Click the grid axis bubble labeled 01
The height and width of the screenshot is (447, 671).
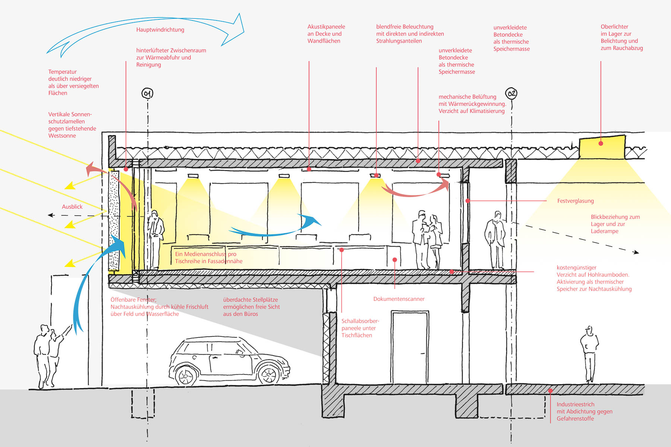point(147,93)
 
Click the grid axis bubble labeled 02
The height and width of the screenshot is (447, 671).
point(511,93)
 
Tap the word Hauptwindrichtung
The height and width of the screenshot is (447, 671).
point(160,30)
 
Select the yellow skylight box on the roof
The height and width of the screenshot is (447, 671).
point(602,148)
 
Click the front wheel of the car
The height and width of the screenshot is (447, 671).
point(185,376)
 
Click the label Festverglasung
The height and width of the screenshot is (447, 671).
point(575,201)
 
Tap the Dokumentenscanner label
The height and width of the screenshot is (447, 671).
point(399,299)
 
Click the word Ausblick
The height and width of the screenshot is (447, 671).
point(72,207)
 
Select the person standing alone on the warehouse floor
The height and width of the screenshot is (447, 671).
point(589,354)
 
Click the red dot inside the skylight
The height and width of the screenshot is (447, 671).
point(601,143)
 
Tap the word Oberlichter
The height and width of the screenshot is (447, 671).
point(614,27)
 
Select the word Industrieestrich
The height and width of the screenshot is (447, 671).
point(575,405)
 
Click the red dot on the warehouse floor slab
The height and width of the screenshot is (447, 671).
point(550,391)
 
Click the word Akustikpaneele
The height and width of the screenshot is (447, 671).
point(326,27)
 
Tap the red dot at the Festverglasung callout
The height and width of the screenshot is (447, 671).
point(467,201)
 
